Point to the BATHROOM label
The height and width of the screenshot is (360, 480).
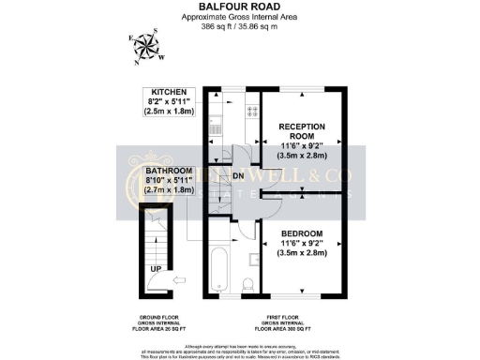coord(170,172)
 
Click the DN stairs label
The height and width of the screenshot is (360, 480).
coord(238,175)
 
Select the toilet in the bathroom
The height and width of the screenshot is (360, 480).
coord(247,284)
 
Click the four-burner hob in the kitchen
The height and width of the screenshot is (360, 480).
coord(252,110)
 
